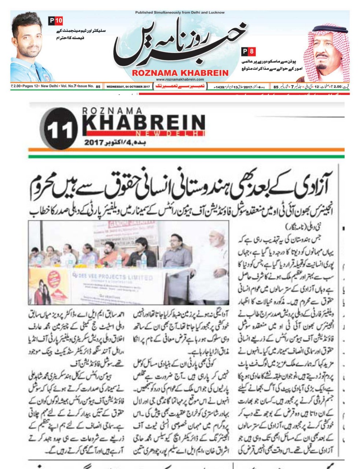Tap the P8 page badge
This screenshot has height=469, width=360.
249,51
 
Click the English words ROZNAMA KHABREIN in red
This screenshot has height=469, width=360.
180,73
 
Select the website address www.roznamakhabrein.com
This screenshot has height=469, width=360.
180,79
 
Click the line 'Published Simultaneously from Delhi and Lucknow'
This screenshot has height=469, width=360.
180,12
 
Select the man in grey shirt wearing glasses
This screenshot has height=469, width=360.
176,253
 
